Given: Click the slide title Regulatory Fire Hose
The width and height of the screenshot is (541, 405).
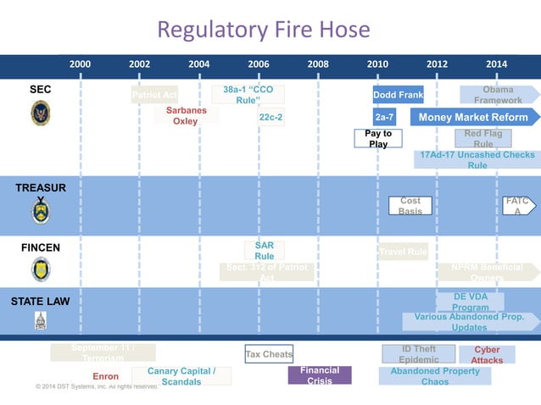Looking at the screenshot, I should (x=263, y=31).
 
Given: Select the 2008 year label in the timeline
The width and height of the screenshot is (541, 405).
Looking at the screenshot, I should (x=318, y=64).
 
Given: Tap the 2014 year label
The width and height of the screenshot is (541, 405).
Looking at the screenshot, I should (x=497, y=64).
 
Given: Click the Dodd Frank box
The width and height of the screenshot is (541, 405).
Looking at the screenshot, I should (x=398, y=95).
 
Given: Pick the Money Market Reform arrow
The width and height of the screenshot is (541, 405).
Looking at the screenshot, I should (x=473, y=117).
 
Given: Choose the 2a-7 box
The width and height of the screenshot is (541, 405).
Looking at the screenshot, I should (x=384, y=117).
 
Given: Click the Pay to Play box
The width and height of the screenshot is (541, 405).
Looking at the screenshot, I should (x=378, y=138).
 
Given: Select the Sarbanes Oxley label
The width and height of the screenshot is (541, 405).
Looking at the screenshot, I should (x=186, y=116).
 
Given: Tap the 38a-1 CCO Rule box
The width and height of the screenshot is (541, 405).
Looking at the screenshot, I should (x=248, y=94).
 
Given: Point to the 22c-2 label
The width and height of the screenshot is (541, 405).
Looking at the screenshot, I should (x=270, y=117).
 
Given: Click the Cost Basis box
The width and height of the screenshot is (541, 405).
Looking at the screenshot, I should (x=410, y=206).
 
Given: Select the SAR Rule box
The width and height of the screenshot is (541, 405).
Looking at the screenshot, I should (x=265, y=250).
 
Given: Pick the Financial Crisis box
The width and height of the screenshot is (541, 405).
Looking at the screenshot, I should (x=320, y=374).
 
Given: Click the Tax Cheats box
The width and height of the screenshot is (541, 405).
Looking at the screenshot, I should (x=269, y=354).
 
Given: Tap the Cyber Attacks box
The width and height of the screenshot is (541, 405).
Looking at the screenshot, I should (x=487, y=354).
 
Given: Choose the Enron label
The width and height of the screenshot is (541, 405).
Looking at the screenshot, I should (x=106, y=376).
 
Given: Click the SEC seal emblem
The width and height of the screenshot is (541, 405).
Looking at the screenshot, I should (x=41, y=112).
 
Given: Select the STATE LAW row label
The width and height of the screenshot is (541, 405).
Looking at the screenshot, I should (x=40, y=301).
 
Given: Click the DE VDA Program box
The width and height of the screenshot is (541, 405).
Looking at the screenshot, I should (x=470, y=302).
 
